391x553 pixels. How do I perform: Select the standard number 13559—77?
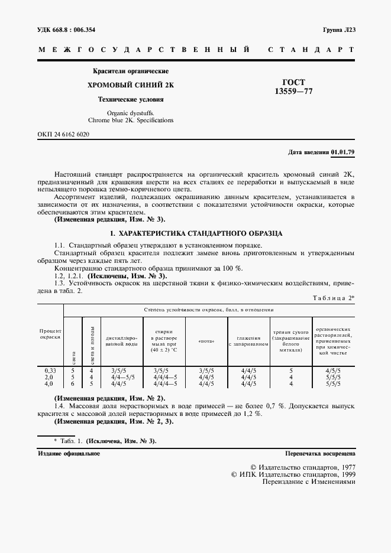293,92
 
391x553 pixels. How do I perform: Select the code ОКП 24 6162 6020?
63,134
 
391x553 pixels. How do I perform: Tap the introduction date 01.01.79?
343,152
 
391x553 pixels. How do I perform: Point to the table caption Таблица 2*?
334,297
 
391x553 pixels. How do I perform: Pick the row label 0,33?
50,370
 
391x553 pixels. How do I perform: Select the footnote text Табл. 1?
72,441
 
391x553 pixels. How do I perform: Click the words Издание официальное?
69,454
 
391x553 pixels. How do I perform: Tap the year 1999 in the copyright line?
345,474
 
